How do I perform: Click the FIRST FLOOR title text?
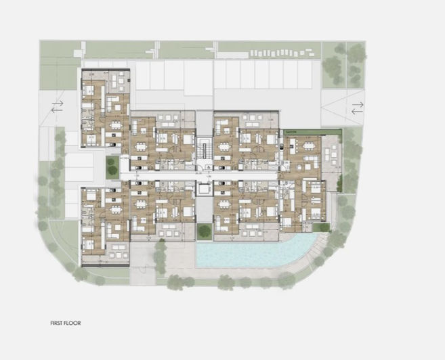[x=65, y=323]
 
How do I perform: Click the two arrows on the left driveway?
[x=57, y=106]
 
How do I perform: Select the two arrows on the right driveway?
[x=357, y=106]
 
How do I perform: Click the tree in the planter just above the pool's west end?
[x=204, y=230]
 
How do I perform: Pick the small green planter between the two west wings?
[x=112, y=166]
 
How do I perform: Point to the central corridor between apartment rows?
[x=203, y=175]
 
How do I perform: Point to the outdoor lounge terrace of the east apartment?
[x=332, y=152]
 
